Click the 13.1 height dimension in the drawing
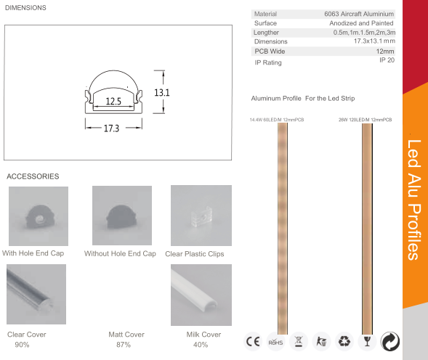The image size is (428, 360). (x=161, y=93)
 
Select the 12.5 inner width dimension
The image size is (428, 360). (x=113, y=102)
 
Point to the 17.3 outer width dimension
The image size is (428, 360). (x=111, y=128)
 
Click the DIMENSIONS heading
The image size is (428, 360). (x=26, y=8)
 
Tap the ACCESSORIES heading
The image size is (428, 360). (x=33, y=176)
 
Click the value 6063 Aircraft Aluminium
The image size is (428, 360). (x=359, y=14)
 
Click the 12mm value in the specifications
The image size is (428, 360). (x=384, y=52)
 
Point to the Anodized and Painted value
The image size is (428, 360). (x=361, y=23)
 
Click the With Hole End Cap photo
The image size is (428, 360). (x=38, y=216)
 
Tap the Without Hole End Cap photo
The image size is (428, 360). (x=121, y=216)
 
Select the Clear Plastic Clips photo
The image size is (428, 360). (x=201, y=215)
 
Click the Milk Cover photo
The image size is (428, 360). (x=201, y=295)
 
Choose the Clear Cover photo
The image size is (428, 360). (x=37, y=295)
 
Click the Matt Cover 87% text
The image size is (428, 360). (x=126, y=339)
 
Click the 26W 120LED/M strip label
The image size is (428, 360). (x=365, y=118)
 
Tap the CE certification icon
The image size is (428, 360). (x=252, y=342)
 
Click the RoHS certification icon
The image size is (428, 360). (x=275, y=342)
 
